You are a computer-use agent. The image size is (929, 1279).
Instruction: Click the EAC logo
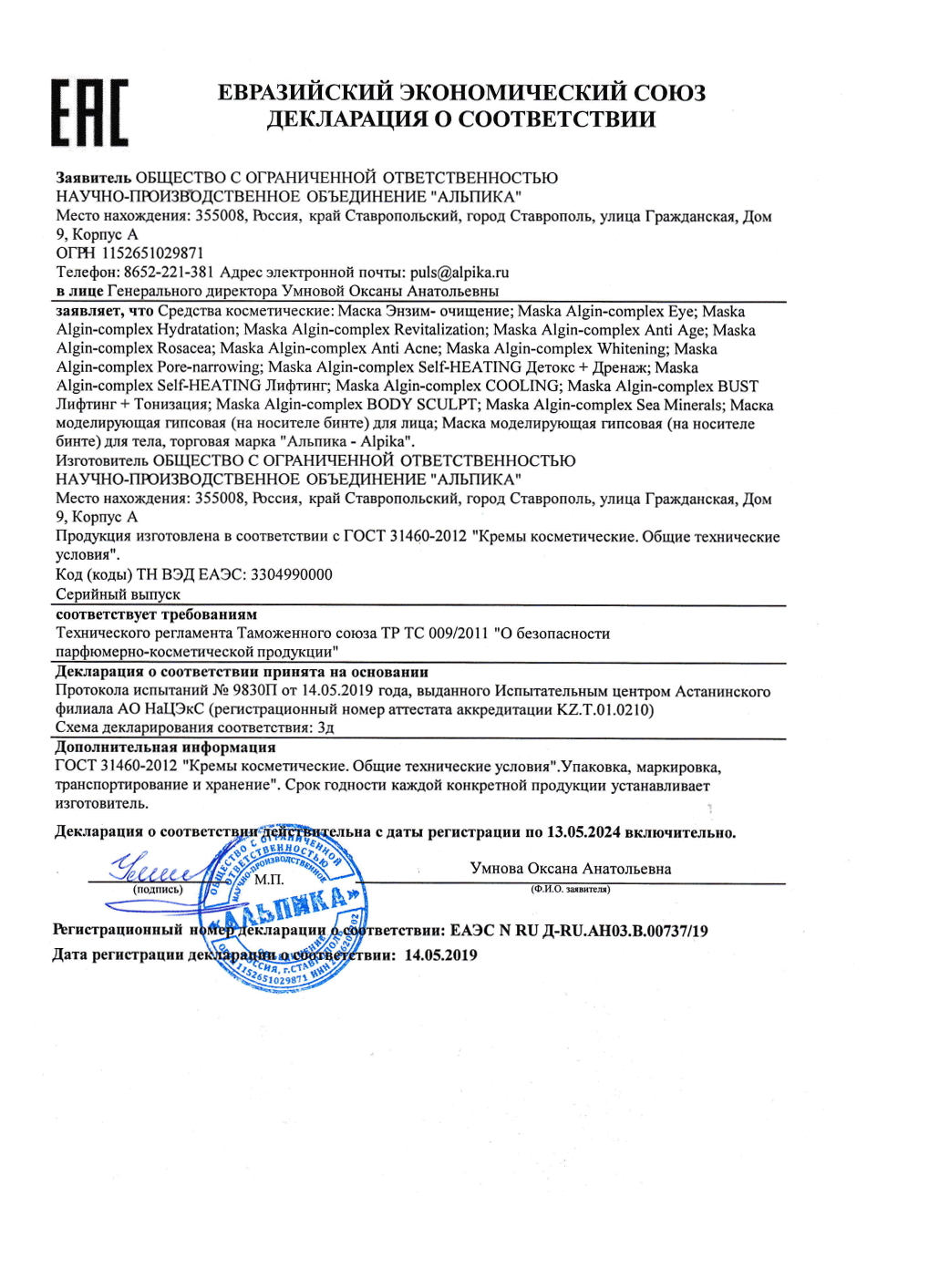coord(89,113)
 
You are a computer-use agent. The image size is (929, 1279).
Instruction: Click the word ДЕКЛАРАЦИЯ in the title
coord(346,119)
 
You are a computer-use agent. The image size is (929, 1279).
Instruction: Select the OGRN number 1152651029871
coord(152,253)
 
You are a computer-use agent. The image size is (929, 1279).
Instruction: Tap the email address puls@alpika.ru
coord(459,273)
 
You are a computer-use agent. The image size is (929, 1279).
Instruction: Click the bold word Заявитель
coord(93,178)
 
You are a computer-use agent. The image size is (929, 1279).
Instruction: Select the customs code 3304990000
coord(291,574)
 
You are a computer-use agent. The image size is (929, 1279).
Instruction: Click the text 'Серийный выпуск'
coord(118,594)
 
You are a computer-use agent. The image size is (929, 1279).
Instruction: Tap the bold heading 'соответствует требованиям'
coord(156,614)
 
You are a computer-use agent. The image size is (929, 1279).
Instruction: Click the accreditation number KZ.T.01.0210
coord(604,709)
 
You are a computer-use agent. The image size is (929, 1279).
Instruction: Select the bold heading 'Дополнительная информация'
coord(165,748)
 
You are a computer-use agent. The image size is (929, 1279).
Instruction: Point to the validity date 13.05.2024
coord(583,832)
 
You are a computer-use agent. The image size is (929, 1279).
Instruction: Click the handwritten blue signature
coord(150,867)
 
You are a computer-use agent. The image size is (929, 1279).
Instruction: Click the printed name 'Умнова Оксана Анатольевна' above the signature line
coord(571,869)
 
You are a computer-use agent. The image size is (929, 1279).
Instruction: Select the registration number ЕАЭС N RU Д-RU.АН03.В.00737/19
coord(579,931)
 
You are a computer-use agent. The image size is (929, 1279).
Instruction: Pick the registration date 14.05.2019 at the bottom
coord(440,955)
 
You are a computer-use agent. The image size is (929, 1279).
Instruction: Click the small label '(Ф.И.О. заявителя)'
coord(571,889)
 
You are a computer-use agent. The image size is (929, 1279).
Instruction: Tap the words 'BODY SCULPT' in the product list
coord(421,405)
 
